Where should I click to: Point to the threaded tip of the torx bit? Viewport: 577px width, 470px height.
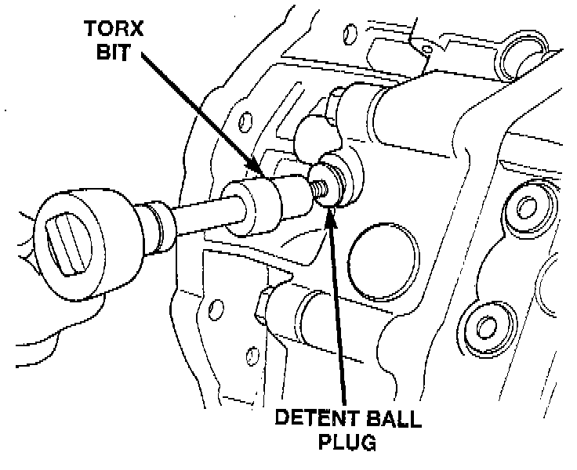318,188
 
